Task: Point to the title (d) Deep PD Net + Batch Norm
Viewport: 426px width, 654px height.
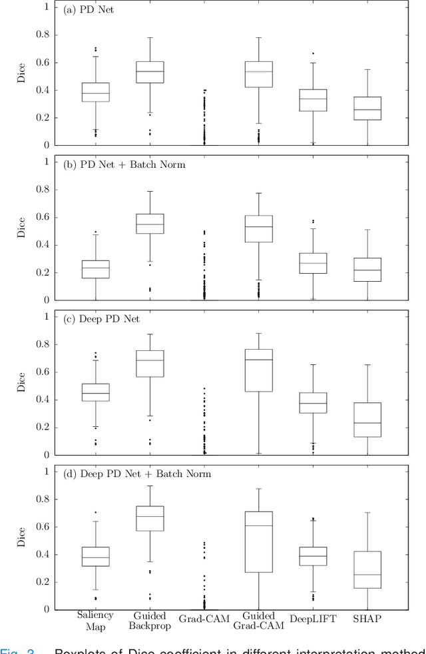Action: [133, 474]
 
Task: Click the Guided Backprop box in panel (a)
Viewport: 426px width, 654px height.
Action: [150, 72]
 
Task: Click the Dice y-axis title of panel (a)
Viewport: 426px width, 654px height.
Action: [21, 76]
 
